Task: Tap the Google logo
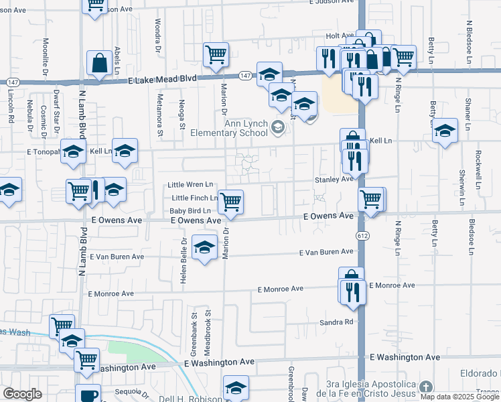click(x=22, y=394)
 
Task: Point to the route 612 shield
click(x=362, y=236)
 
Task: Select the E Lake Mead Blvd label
click(x=163, y=78)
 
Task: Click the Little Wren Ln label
click(x=190, y=184)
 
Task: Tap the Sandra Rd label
click(x=336, y=322)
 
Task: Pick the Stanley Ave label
click(x=334, y=180)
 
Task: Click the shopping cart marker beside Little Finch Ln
click(x=230, y=201)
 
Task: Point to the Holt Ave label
click(x=340, y=36)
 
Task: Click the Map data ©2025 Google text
click(x=459, y=397)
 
